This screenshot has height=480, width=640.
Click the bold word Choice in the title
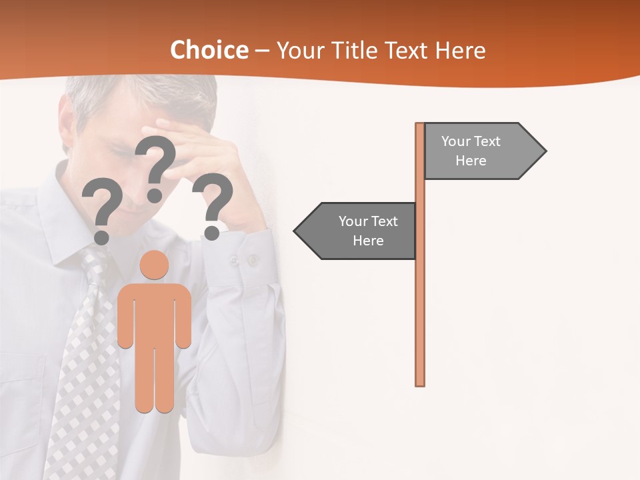tap(209, 51)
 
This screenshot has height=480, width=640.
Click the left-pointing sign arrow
tap(357, 231)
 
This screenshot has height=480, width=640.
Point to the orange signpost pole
tap(420, 300)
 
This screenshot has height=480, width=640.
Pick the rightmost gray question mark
tap(212, 204)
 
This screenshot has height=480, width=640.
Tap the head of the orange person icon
tap(155, 265)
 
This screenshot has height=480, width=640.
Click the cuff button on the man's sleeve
tap(253, 259)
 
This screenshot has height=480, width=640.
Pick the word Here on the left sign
tap(368, 241)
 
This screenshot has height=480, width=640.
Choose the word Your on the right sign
tap(456, 141)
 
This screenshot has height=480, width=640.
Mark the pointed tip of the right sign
tap(545, 151)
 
